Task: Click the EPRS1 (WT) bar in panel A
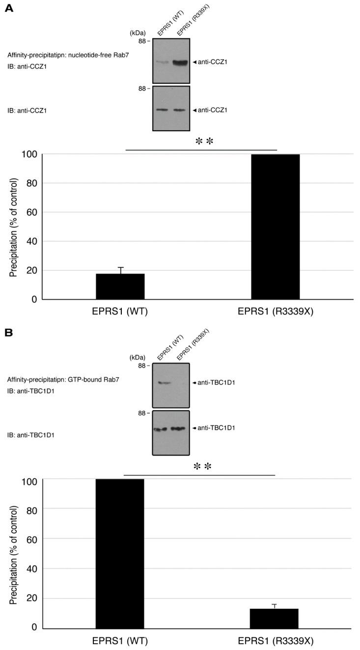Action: (x=120, y=286)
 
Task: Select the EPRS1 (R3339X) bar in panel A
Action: (x=275, y=226)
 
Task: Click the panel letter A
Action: (x=9, y=9)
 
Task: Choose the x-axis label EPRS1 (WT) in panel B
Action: (x=120, y=642)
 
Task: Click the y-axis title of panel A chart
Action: (x=13, y=226)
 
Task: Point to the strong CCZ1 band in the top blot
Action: (x=180, y=62)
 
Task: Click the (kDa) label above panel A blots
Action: (x=138, y=32)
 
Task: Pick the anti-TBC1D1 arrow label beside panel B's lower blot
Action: (x=213, y=428)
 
